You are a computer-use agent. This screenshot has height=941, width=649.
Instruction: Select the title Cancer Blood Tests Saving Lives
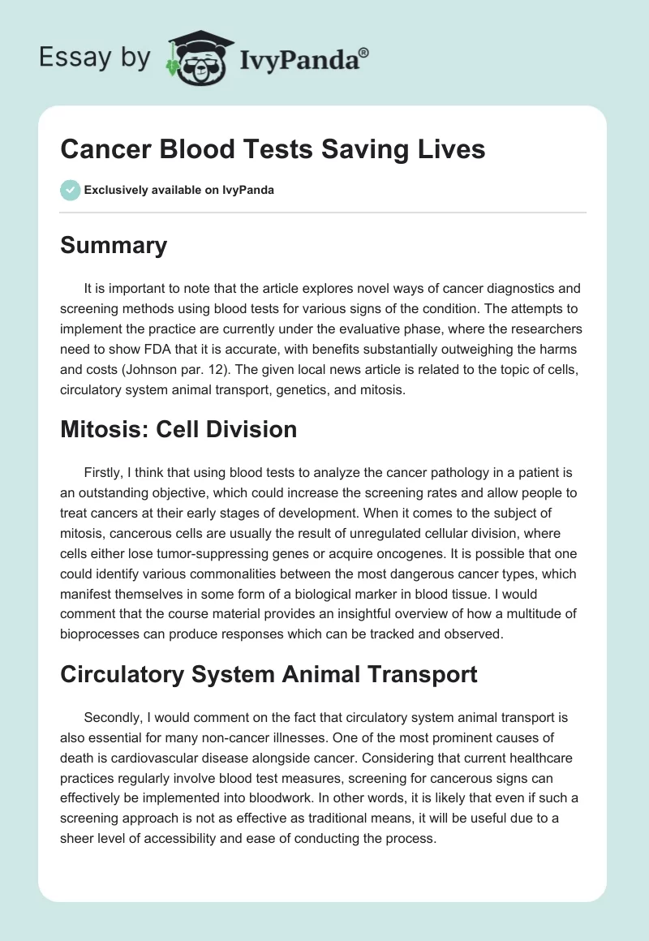pyautogui.click(x=273, y=149)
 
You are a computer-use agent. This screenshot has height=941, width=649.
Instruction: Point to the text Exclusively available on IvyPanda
pyautogui.click(x=179, y=191)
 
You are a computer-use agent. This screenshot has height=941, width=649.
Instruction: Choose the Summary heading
pyautogui.click(x=114, y=246)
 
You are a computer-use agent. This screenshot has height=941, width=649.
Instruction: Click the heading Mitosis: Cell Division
pyautogui.click(x=178, y=430)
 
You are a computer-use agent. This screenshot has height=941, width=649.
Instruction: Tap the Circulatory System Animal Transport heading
pyautogui.click(x=269, y=674)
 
